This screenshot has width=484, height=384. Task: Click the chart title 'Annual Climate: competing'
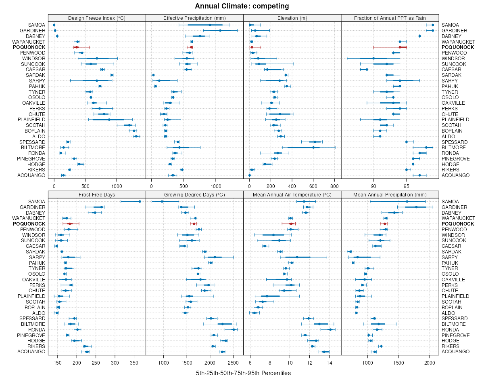point(242,6)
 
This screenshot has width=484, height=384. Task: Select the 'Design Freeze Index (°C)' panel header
point(96,18)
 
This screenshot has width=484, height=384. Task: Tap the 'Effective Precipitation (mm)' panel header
point(194,18)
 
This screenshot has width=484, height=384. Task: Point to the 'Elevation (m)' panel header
point(292,18)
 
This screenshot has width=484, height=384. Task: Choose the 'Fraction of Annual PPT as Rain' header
point(390,18)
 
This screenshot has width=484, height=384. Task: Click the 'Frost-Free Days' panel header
point(96,194)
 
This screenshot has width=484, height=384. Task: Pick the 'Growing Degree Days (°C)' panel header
point(194,194)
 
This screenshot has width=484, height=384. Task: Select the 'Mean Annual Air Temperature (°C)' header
point(292,194)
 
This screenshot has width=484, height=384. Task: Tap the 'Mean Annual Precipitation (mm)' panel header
point(390,194)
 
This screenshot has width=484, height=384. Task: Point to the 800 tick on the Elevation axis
point(334,186)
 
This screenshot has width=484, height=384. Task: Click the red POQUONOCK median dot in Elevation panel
point(252,47)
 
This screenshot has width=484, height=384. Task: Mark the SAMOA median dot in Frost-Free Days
point(140,201)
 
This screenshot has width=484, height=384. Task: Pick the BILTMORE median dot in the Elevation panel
point(313,148)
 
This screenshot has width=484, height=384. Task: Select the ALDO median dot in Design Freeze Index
point(136,136)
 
